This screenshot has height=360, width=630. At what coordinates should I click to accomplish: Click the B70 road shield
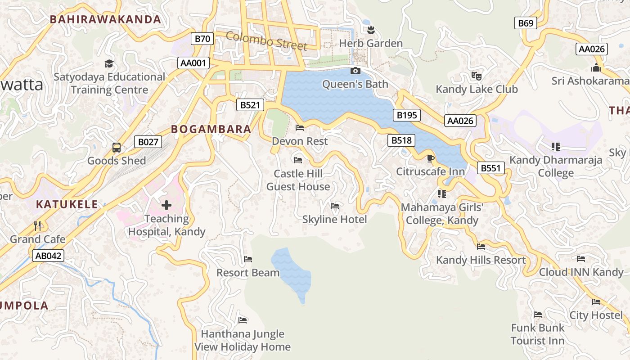click(202, 39)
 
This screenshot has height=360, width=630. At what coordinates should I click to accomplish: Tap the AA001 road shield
click(193, 63)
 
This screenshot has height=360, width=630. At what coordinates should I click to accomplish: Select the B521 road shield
click(250, 105)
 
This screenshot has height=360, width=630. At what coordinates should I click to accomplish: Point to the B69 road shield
click(526, 23)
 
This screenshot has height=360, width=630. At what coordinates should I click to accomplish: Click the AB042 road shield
click(48, 256)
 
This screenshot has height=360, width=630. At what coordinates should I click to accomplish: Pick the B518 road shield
click(401, 140)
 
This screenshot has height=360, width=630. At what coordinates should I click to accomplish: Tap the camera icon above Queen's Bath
click(355, 71)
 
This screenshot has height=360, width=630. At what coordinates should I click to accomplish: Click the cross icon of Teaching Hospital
click(166, 205)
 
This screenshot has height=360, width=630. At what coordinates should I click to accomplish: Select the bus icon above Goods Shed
click(116, 147)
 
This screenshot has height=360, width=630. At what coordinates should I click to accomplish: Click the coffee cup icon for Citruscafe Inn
click(431, 158)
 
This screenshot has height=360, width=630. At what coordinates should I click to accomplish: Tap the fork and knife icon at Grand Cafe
click(37, 225)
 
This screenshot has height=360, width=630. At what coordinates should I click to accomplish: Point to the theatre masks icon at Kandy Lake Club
click(476, 76)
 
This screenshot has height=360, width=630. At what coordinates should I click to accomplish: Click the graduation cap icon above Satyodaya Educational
click(109, 63)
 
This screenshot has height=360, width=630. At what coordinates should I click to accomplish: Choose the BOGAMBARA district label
click(211, 130)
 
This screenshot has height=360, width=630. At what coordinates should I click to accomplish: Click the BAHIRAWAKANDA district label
click(105, 19)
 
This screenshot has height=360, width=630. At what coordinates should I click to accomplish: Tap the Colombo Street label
click(266, 41)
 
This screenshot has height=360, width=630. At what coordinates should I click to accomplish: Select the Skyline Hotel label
click(334, 220)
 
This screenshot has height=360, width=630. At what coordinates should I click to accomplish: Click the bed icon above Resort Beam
click(247, 259)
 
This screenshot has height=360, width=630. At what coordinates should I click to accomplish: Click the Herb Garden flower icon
click(371, 30)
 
